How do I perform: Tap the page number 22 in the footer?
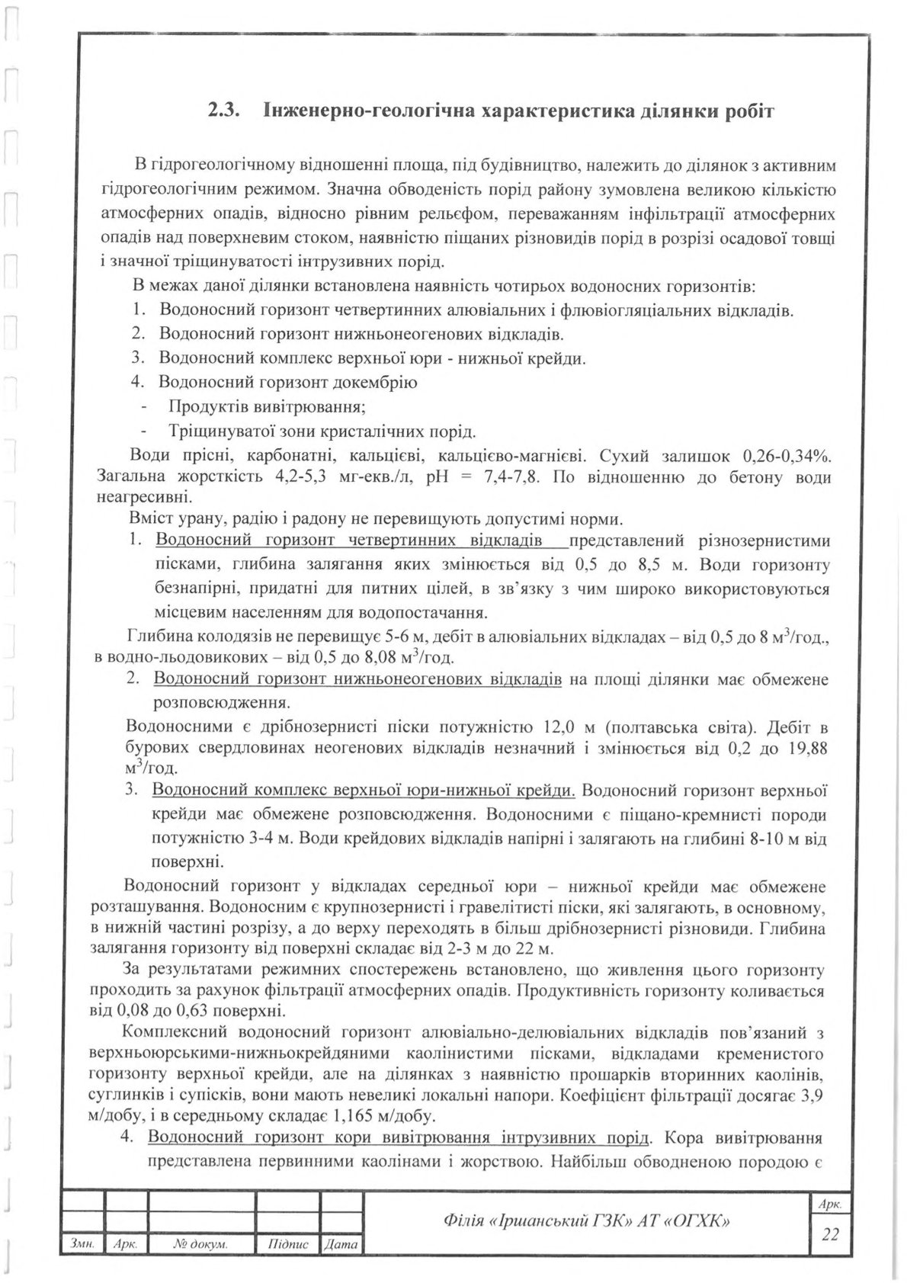point(829,1233)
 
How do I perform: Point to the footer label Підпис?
point(287,1245)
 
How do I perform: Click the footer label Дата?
point(341,1245)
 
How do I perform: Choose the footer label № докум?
point(201,1245)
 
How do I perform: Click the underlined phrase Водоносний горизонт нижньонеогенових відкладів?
point(357,679)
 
